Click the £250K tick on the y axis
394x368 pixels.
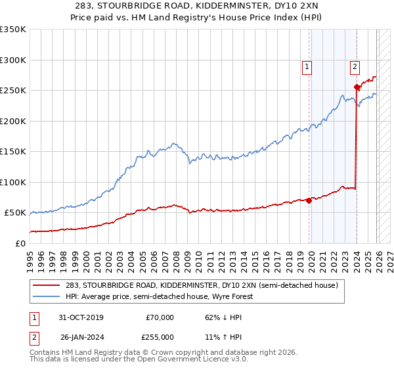tap(13, 91)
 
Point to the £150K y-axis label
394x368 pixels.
tap(13, 151)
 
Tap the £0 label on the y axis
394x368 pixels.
tap(20, 243)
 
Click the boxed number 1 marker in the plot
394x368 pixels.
tap(307, 66)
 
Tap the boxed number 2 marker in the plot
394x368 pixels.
tap(355, 66)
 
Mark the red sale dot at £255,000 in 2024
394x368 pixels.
tap(357, 87)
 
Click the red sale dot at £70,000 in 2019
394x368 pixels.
tap(309, 200)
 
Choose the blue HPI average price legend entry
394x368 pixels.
tap(159, 296)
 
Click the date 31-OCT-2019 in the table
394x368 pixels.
tap(81, 317)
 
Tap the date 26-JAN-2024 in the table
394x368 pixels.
tap(81, 336)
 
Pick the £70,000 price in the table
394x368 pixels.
tap(160, 317)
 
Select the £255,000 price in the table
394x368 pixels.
tap(160, 336)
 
